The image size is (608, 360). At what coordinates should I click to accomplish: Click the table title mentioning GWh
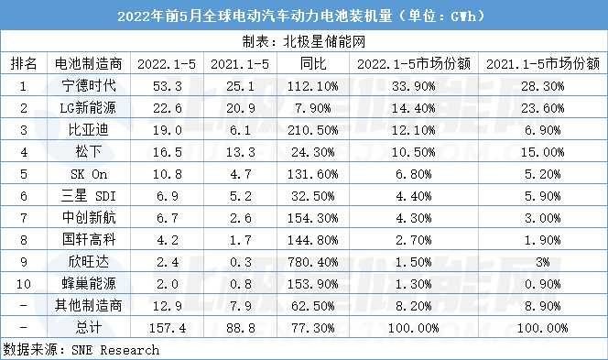[x=301, y=16]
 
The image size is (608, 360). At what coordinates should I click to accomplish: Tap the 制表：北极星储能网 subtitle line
[x=304, y=41]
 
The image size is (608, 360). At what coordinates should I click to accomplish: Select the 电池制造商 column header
[x=89, y=63]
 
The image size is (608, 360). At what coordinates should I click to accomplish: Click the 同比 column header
[x=313, y=63]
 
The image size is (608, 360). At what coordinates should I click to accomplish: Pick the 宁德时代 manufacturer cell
[x=89, y=85]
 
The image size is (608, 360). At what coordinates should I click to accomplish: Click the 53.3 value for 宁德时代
[x=168, y=86]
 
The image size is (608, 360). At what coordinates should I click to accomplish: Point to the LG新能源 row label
[x=88, y=107]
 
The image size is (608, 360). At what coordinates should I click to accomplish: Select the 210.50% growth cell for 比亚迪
[x=313, y=130]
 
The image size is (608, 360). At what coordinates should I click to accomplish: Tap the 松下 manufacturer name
[x=89, y=151]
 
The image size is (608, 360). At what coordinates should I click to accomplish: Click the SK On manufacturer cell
[x=89, y=174]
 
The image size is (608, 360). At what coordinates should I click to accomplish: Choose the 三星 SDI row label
[x=89, y=195]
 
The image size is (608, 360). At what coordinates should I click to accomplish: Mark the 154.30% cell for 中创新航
[x=313, y=218]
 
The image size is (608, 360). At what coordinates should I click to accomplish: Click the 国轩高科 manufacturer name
[x=89, y=239]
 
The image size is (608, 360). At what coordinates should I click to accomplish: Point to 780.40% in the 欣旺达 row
[x=313, y=262]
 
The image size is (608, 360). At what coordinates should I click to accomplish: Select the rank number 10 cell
[x=24, y=284]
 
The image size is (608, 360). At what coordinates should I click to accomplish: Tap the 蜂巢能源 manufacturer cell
[x=89, y=283]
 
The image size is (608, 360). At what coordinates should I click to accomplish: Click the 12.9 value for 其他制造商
[x=168, y=306]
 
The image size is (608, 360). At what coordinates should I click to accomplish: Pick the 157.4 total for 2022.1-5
[x=168, y=328]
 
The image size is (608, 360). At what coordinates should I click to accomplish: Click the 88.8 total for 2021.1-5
[x=241, y=328]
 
